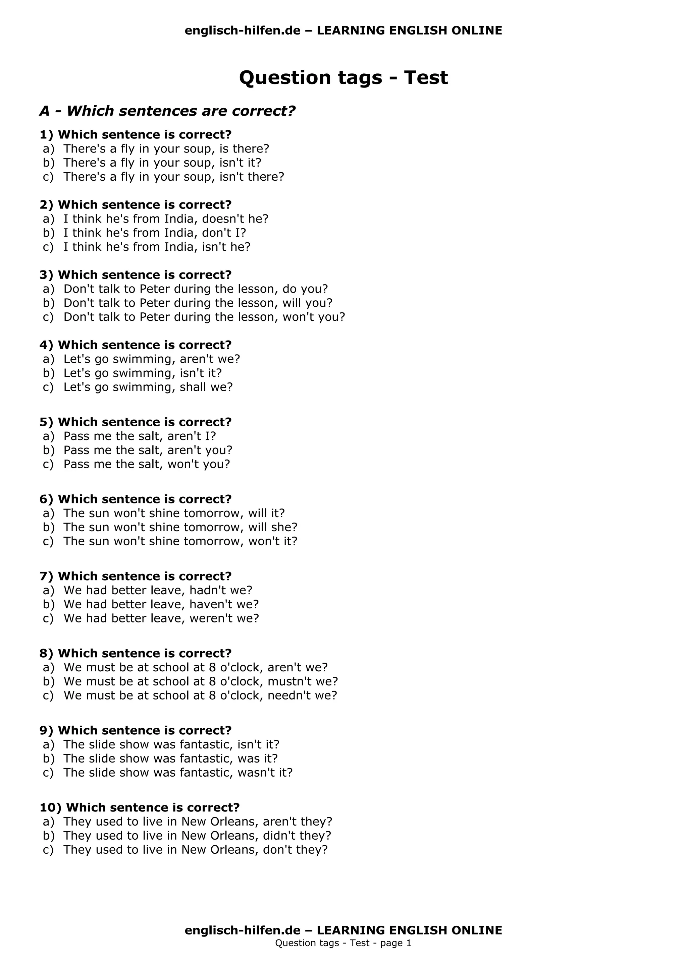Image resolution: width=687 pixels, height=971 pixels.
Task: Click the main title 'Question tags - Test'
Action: click(x=343, y=78)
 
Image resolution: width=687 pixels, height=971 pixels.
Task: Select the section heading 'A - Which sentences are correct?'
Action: click(x=167, y=111)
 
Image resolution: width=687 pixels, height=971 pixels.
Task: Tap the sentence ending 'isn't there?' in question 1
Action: click(x=173, y=177)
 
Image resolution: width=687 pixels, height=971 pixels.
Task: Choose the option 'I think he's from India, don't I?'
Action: click(x=155, y=233)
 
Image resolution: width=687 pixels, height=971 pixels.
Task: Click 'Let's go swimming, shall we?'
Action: click(x=148, y=387)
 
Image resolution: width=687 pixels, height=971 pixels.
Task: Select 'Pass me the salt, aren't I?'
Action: click(x=140, y=436)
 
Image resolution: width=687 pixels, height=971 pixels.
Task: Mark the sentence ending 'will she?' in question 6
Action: click(x=180, y=527)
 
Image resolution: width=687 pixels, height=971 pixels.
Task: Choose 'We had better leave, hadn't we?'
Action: click(x=158, y=590)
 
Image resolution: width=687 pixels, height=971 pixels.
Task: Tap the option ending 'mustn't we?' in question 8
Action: click(x=201, y=682)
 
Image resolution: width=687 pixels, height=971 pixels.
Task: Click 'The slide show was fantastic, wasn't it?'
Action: click(x=178, y=773)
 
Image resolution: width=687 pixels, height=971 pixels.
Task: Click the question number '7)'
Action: click(x=46, y=576)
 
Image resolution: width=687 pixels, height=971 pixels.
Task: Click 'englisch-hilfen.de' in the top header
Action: click(x=243, y=31)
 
